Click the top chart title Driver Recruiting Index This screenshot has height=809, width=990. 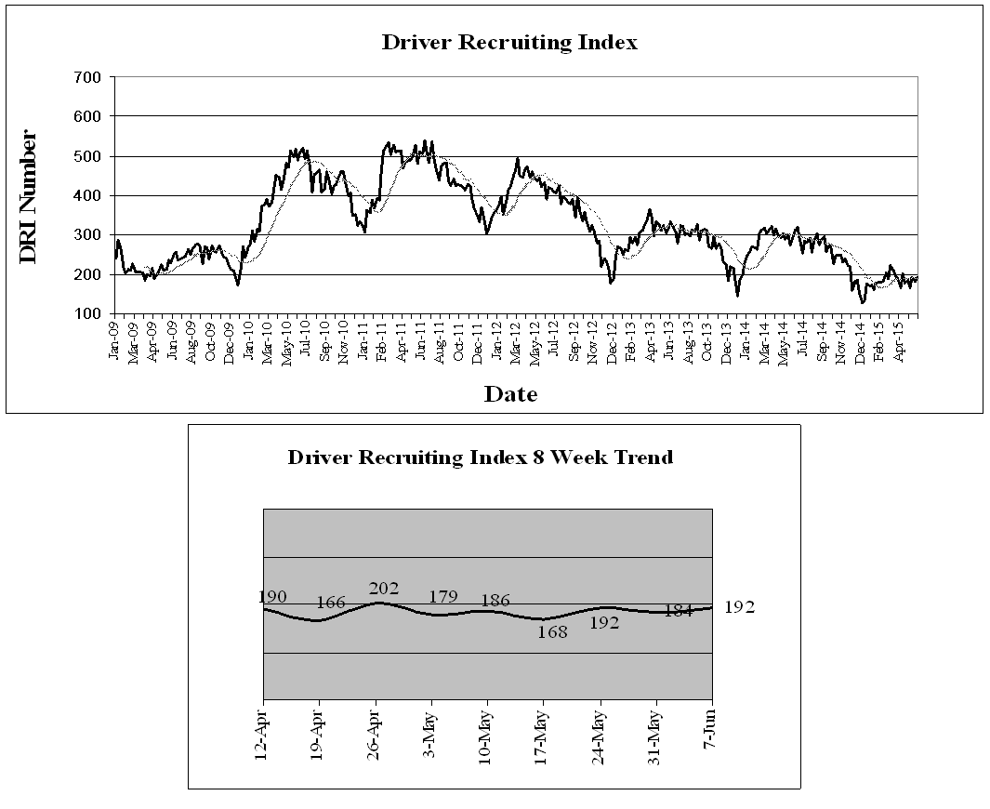(509, 43)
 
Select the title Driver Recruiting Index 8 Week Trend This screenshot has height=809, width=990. (480, 458)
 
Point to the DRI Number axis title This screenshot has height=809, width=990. (29, 196)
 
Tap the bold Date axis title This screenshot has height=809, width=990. (510, 394)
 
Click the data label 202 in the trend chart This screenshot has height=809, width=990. (383, 589)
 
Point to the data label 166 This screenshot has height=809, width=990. (330, 603)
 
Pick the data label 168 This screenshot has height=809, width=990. (552, 633)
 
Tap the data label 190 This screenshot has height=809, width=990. (273, 597)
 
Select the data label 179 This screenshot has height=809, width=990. (442, 597)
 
